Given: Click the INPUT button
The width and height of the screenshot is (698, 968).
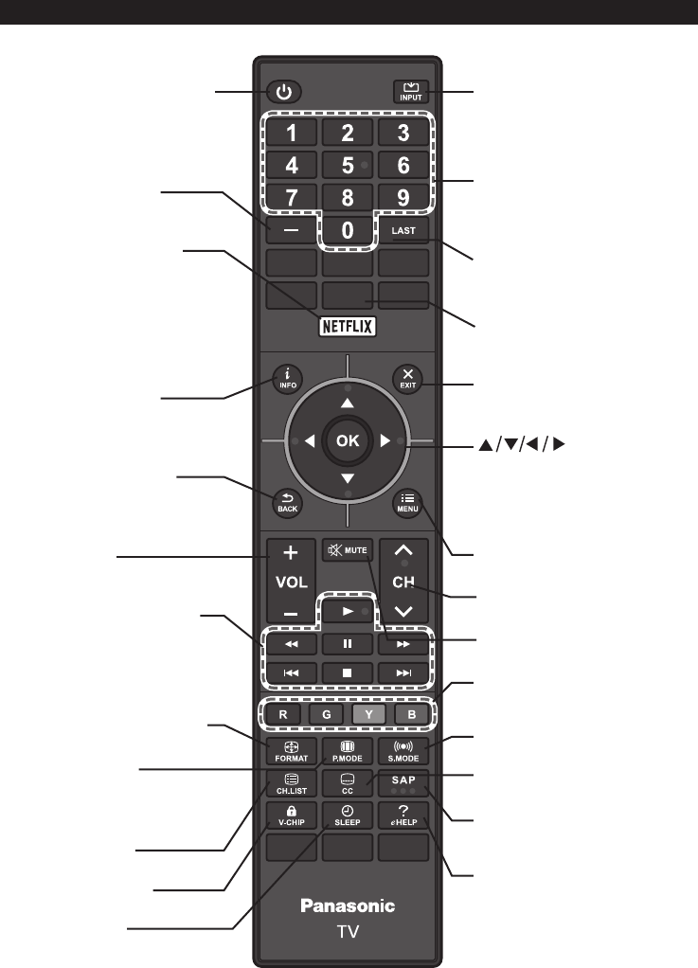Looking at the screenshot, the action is pos(410,92).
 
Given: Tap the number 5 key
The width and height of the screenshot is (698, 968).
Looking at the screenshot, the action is pos(348,166).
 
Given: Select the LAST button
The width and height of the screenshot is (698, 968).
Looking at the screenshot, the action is pos(403,231).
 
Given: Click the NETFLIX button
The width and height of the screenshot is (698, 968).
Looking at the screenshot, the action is pos(348,326).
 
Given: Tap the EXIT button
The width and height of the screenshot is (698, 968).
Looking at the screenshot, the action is pos(407,379).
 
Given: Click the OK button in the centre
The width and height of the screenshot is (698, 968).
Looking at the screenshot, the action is pos(348,440).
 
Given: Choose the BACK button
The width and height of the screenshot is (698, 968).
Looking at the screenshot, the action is pos(288,503).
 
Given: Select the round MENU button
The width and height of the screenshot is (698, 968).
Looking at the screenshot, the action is pos(407,503).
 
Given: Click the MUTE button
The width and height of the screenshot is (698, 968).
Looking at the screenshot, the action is pos(348,550).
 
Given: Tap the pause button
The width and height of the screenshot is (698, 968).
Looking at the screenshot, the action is pos(348,644).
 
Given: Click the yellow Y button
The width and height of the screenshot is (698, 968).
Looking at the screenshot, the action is pos(368,714).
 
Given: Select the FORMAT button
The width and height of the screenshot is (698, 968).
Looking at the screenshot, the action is pos(292,751).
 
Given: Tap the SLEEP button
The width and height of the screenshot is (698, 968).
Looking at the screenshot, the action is pos(348,816).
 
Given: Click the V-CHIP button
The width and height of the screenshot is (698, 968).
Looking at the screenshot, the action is pos(292,816).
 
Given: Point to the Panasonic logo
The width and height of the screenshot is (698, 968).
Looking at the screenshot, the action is pos(348,905).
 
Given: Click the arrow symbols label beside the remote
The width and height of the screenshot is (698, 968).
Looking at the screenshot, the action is pos(522,444).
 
